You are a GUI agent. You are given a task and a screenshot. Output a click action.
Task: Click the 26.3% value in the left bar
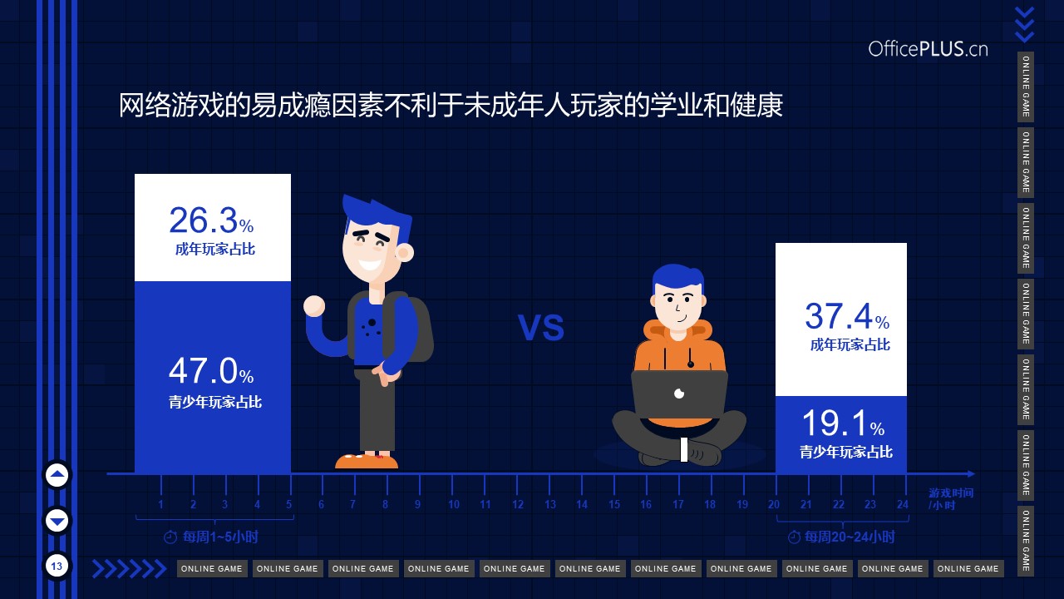(211, 220)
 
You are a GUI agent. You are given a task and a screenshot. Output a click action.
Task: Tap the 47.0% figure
(211, 371)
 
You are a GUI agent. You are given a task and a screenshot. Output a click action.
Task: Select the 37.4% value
(847, 316)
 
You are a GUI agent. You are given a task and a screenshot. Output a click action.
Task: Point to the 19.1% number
(843, 423)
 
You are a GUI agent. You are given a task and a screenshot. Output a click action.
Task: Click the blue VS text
(541, 327)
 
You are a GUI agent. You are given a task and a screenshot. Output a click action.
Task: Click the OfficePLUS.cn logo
(929, 49)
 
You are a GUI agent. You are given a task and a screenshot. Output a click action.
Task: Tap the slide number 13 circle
(57, 566)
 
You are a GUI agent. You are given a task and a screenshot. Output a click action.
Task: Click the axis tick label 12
(517, 504)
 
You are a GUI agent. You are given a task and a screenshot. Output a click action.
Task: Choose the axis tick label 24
(903, 504)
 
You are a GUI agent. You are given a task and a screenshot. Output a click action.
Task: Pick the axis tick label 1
(161, 504)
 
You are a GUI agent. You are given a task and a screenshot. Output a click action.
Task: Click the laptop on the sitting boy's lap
(679, 394)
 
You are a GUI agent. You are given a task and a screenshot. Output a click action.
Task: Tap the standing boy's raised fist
(314, 305)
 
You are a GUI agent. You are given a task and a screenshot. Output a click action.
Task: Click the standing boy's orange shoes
(367, 461)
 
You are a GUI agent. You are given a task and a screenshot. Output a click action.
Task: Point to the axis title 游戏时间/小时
(951, 498)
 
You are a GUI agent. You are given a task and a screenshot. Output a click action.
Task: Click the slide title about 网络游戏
(451, 105)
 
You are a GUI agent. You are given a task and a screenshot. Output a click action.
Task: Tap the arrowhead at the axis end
(971, 474)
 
